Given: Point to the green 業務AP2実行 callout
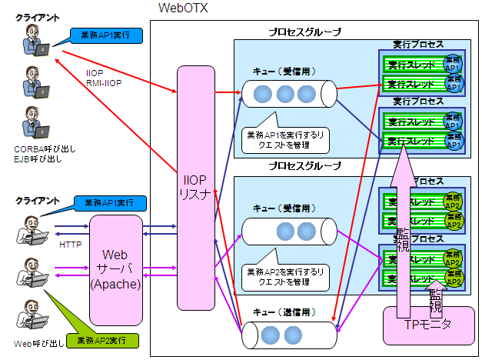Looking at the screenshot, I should [x=103, y=338].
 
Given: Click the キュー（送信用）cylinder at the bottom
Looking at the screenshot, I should [x=288, y=337].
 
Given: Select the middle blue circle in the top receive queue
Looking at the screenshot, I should [x=285, y=94].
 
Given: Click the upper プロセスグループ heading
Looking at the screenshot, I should [x=304, y=32].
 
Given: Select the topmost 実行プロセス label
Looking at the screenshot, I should [x=417, y=45].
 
